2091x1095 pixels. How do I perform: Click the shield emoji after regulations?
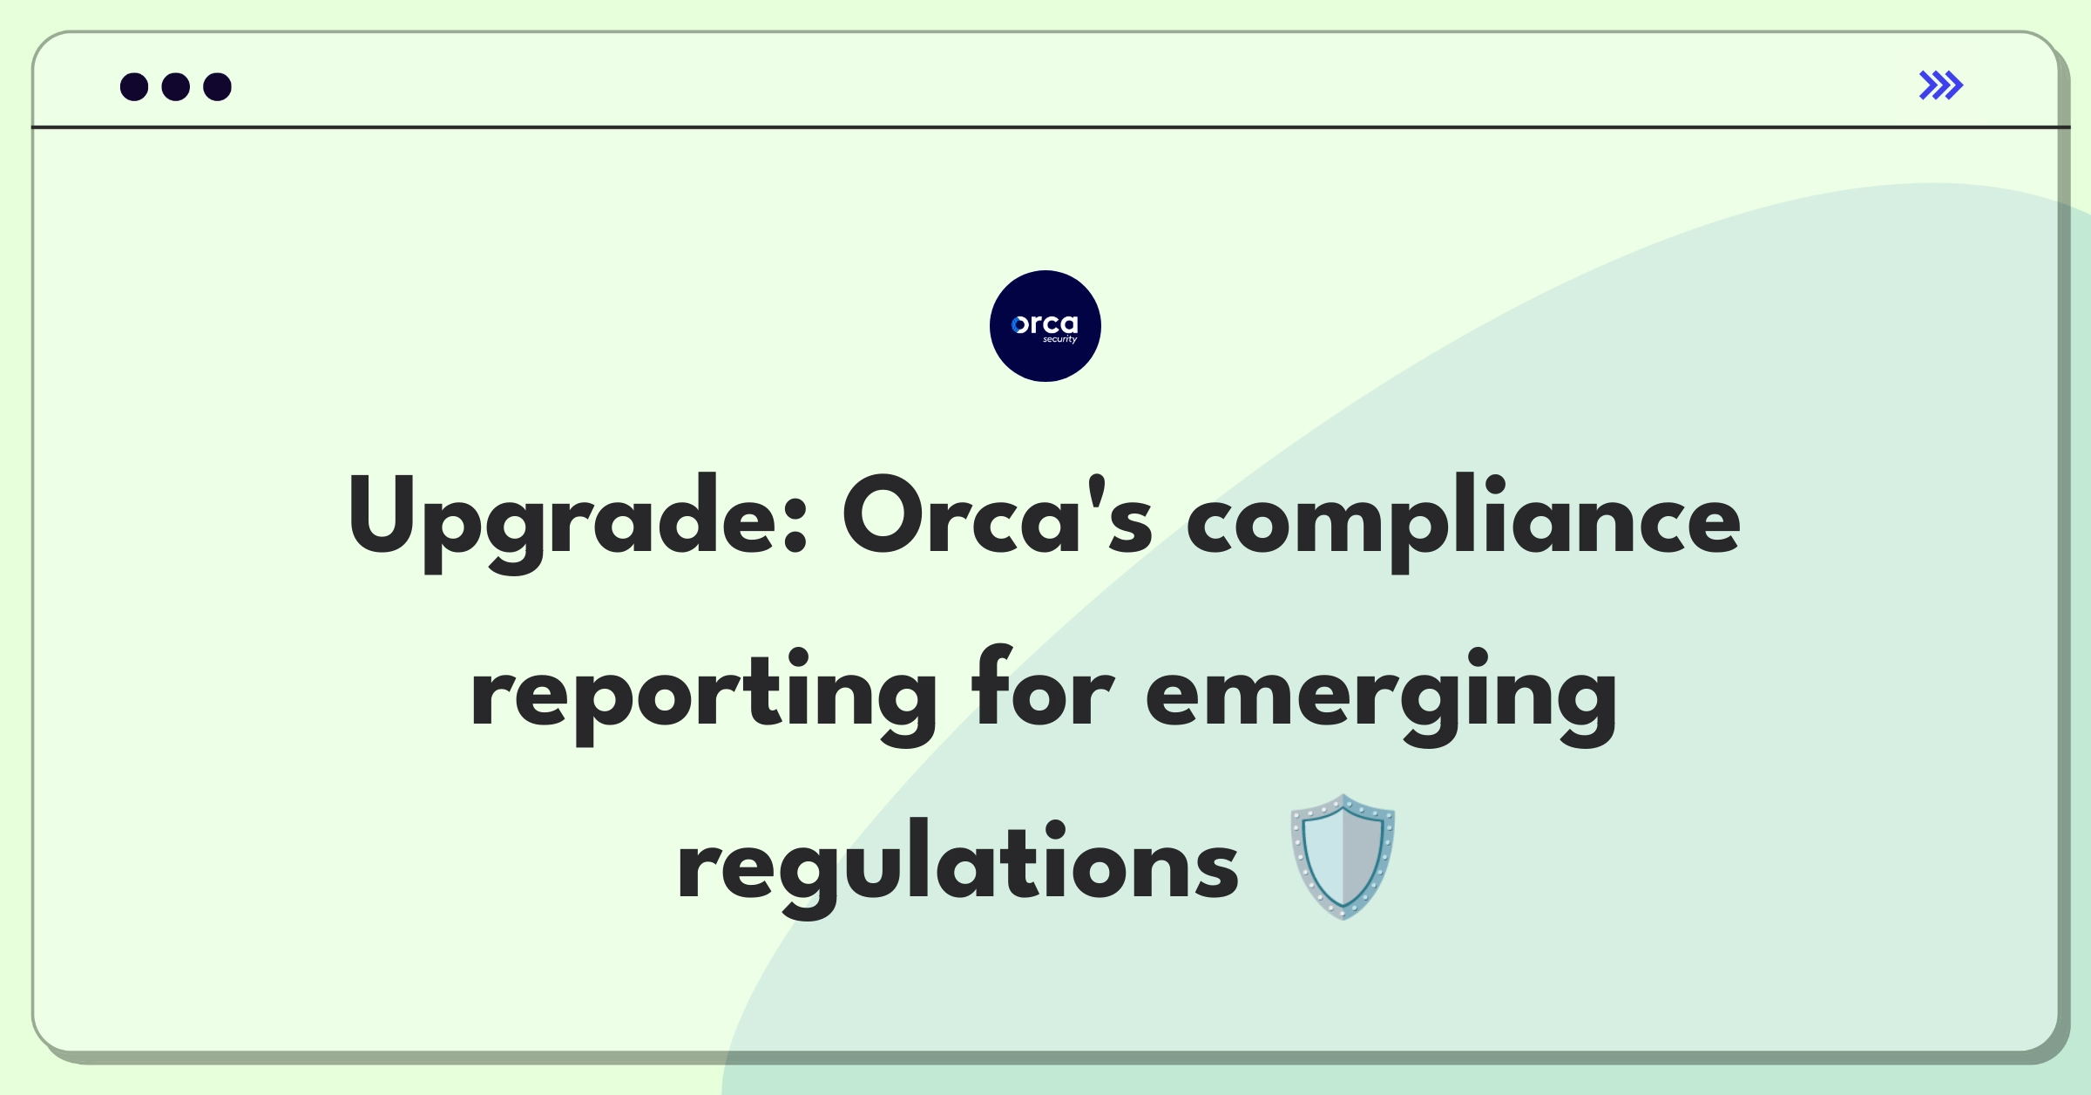(x=1343, y=857)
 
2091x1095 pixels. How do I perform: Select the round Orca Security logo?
(x=1045, y=326)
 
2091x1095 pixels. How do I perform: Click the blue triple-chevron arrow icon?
(x=1941, y=85)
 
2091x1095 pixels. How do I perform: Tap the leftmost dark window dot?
(x=134, y=87)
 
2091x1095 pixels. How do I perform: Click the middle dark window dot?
(x=176, y=87)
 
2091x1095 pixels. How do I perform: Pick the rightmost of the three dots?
(x=218, y=87)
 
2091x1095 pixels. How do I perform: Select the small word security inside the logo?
(x=1060, y=339)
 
